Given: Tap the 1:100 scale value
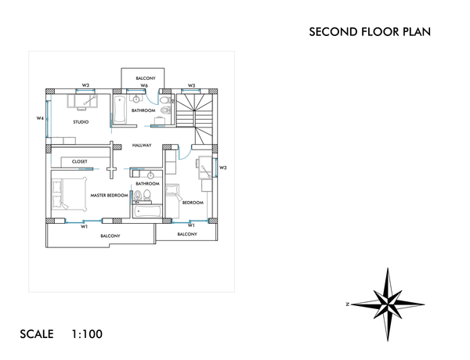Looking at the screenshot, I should [86, 334].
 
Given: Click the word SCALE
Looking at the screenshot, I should [37, 334].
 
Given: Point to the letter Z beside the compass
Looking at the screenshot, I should [347, 304].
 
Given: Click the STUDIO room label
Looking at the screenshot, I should [81, 122].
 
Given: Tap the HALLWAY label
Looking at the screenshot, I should [142, 146].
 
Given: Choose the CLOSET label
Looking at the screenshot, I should [80, 162].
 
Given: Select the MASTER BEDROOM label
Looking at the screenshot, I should [109, 195].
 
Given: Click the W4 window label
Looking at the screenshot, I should [40, 119].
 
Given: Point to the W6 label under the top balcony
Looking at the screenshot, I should [144, 85].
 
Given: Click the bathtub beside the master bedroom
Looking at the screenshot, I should [147, 211].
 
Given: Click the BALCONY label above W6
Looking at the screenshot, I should [146, 78].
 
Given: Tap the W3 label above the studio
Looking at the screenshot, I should [85, 85].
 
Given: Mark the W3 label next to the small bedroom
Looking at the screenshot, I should [222, 167].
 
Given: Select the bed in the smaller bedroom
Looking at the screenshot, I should [207, 169].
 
